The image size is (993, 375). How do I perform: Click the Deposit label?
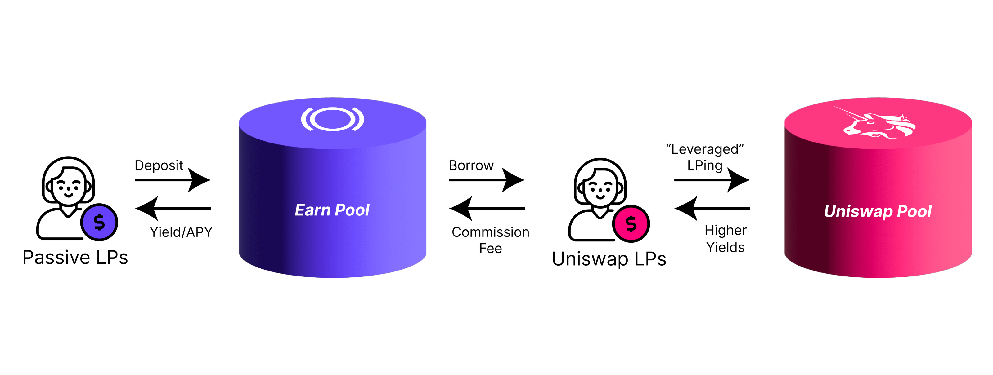click(x=159, y=165)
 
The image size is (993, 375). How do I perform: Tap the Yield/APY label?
click(x=181, y=232)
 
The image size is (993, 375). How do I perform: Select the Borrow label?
click(x=471, y=165)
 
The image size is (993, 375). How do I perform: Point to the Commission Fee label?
click(x=490, y=240)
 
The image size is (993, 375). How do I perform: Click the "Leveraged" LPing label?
click(x=705, y=157)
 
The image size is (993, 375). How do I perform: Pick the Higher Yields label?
click(x=726, y=239)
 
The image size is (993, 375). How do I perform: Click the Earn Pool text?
click(x=332, y=210)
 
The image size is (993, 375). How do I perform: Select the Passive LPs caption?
click(x=75, y=257)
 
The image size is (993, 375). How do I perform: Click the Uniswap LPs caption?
click(x=609, y=259)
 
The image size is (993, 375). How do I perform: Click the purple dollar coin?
click(x=99, y=222)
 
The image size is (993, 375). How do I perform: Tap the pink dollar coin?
click(x=631, y=224)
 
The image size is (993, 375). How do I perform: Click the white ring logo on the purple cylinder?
click(x=332, y=119)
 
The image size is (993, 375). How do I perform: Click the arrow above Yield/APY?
click(x=173, y=208)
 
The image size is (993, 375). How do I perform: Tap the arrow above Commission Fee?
click(x=487, y=208)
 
